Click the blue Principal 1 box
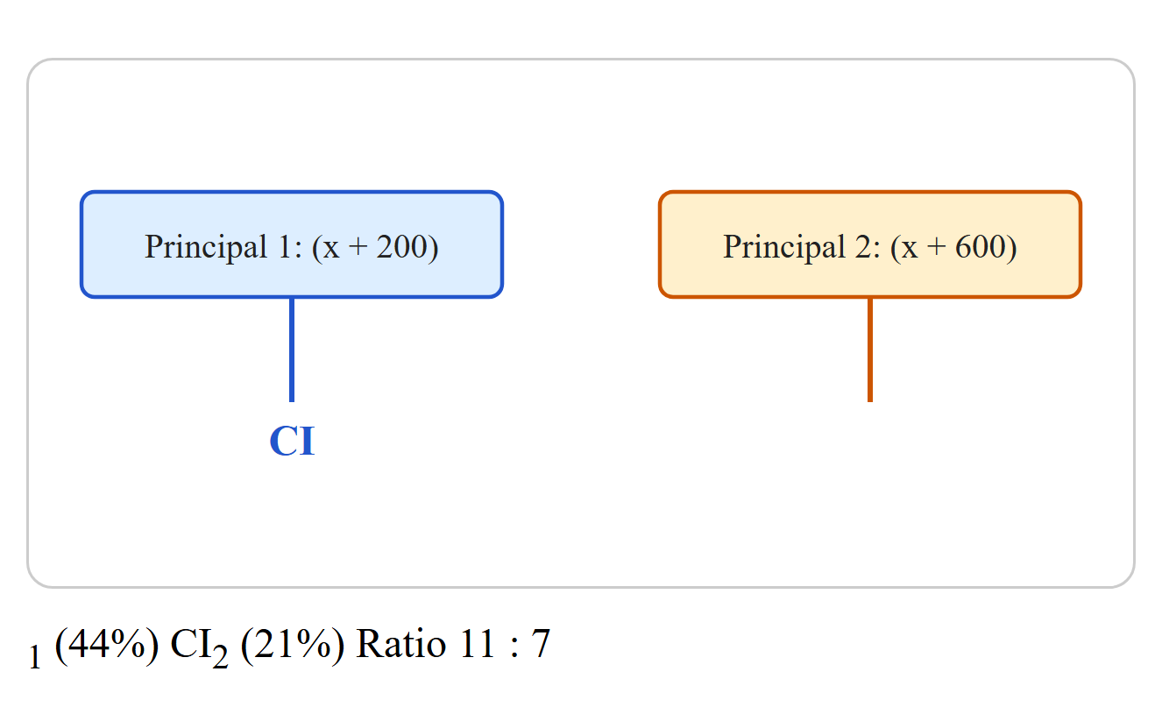pyautogui.click(x=292, y=244)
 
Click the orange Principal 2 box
pyautogui.click(x=870, y=244)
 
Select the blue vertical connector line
pyautogui.click(x=292, y=350)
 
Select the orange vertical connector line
pyautogui.click(x=870, y=350)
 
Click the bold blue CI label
pyautogui.click(x=292, y=442)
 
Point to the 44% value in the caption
pyautogui.click(x=106, y=644)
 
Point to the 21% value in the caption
pyautogui.click(x=293, y=644)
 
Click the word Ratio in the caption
pyautogui.click(x=400, y=644)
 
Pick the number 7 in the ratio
pyautogui.click(x=540, y=644)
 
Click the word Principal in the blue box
pyautogui.click(x=206, y=247)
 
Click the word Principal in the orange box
pyautogui.click(x=784, y=247)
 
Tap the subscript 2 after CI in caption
pyautogui.click(x=220, y=657)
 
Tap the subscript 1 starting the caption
pyautogui.click(x=35, y=657)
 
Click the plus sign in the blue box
pyautogui.click(x=358, y=248)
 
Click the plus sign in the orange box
pyautogui.click(x=936, y=248)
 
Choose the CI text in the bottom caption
pyautogui.click(x=190, y=644)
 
